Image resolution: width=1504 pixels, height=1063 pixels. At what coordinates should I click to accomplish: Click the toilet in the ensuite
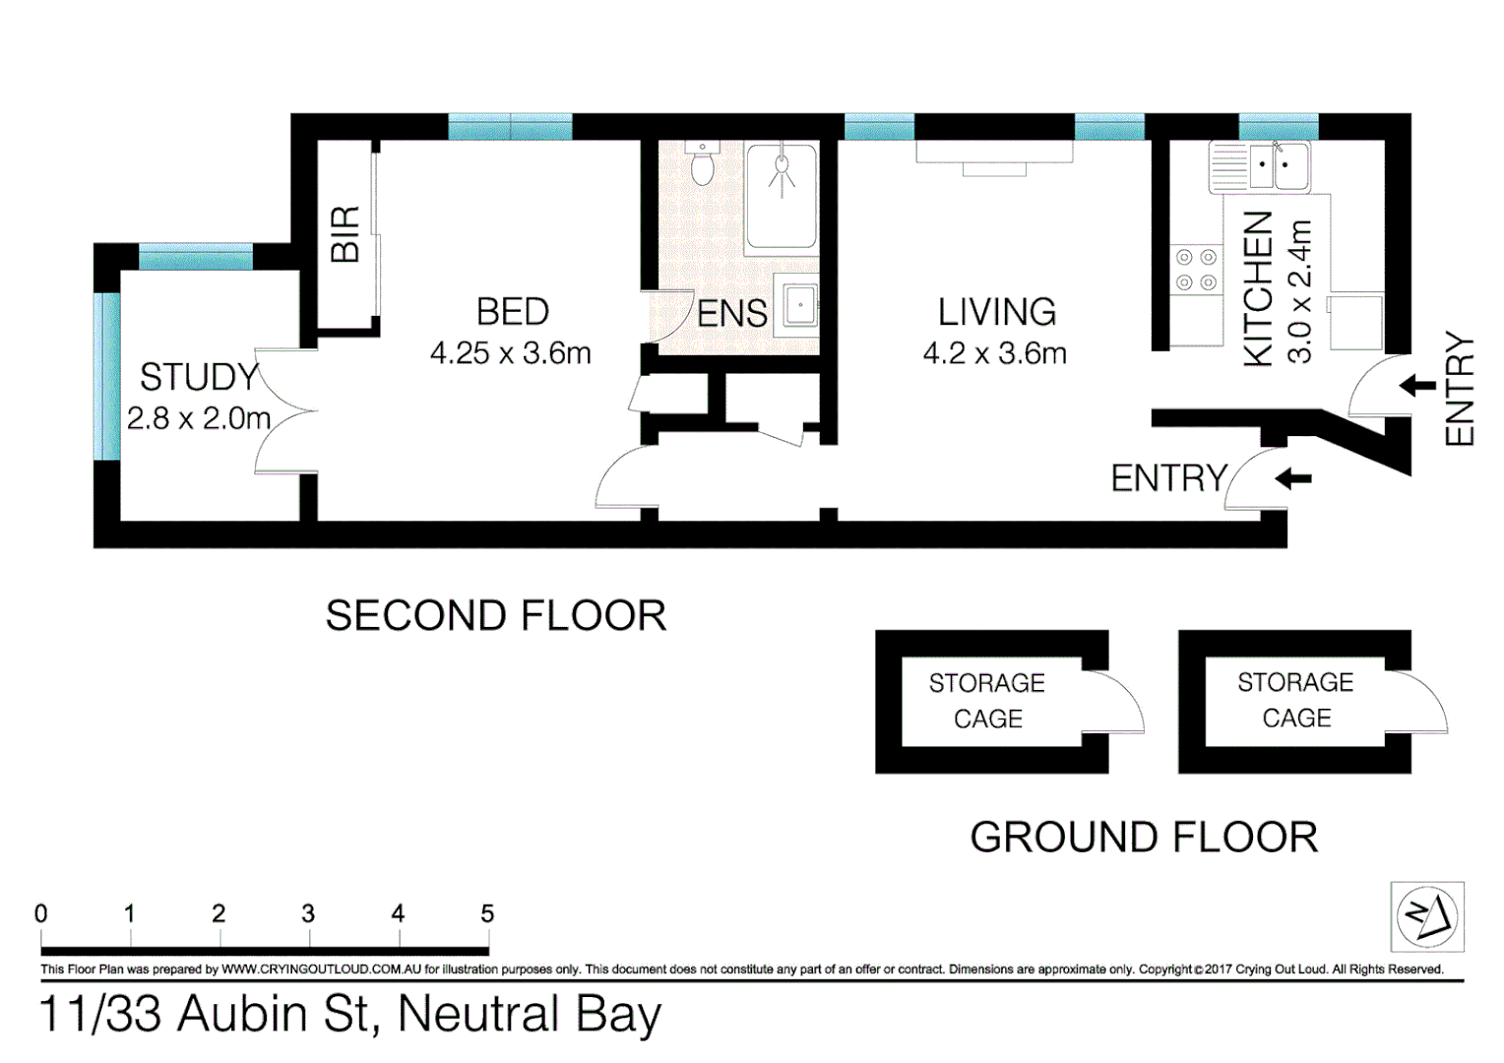click(x=702, y=165)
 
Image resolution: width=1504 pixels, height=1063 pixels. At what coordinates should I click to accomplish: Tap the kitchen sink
click(x=1277, y=166)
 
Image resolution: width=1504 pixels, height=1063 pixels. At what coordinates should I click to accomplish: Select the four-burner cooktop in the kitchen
click(x=1196, y=270)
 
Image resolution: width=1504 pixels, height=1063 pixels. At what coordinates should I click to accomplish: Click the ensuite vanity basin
click(x=799, y=306)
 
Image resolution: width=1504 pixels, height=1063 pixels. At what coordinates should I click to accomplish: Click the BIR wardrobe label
click(x=345, y=234)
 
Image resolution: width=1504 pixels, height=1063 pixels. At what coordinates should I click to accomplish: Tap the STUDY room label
click(x=199, y=377)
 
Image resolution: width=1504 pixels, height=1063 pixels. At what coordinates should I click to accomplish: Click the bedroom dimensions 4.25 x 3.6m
click(x=510, y=353)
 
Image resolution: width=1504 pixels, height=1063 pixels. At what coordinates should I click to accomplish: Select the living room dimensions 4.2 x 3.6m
click(x=994, y=353)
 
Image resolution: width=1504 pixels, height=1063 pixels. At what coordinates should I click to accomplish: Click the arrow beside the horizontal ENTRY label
click(x=1293, y=479)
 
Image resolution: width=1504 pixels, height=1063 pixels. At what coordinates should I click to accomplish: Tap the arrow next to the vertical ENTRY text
click(x=1417, y=385)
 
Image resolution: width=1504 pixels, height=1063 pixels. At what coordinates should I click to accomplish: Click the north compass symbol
click(x=1427, y=916)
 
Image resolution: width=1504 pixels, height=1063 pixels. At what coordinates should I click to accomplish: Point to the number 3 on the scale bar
click(x=308, y=913)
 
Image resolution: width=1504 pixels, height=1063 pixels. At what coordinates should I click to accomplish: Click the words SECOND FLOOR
click(x=496, y=616)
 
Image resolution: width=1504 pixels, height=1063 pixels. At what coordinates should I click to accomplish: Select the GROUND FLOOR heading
click(x=1144, y=838)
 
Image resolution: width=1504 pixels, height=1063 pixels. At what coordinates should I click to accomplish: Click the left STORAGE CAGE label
click(x=987, y=701)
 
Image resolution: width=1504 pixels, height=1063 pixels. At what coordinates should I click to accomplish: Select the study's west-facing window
click(x=108, y=376)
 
